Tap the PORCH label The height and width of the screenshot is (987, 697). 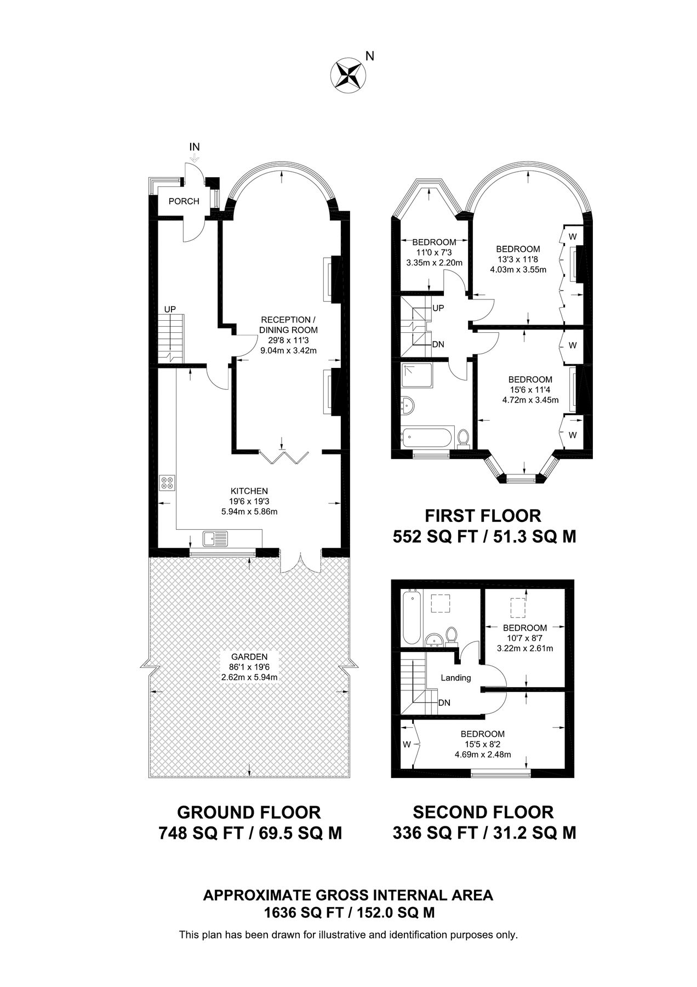pos(184,201)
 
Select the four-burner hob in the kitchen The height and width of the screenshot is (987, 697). pos(168,483)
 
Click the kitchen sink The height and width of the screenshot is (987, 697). pos(215,538)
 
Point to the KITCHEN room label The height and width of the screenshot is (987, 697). pos(249,491)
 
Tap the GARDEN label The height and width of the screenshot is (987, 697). pos(249,657)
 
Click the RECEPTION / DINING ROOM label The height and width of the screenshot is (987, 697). pos(289,325)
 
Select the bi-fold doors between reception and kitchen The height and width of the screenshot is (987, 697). pos(284,457)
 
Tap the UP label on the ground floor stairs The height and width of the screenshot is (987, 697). pos(170,309)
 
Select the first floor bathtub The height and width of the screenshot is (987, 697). pos(426,438)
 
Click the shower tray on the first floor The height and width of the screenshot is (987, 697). pos(417,378)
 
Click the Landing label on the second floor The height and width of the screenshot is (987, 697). pos(456,678)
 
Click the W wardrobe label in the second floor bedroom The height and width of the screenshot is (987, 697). pos(407,745)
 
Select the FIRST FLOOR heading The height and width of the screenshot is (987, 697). pos(483,516)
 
